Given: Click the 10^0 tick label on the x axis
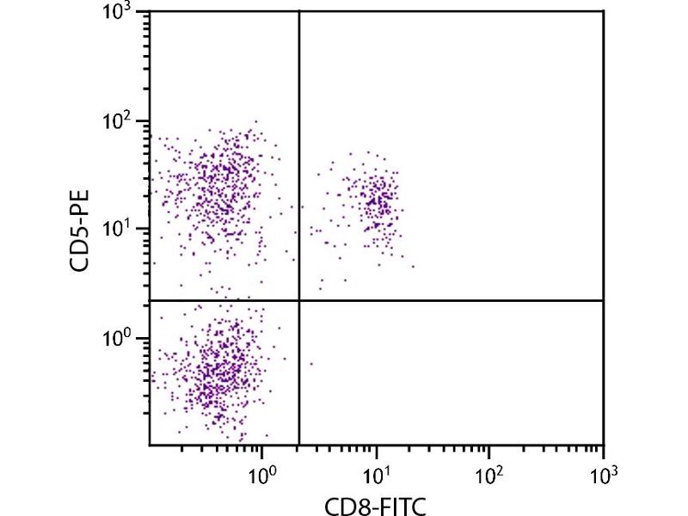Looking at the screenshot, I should click(x=262, y=473).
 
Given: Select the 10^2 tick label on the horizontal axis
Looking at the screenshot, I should click(x=489, y=473).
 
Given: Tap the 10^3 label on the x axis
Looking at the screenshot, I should click(x=604, y=473).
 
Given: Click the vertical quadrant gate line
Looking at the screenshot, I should click(x=298, y=172).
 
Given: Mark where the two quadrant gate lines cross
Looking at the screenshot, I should click(x=298, y=300).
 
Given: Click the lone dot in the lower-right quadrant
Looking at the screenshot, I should click(x=311, y=364).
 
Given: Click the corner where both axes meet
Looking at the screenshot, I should click(x=150, y=445).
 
